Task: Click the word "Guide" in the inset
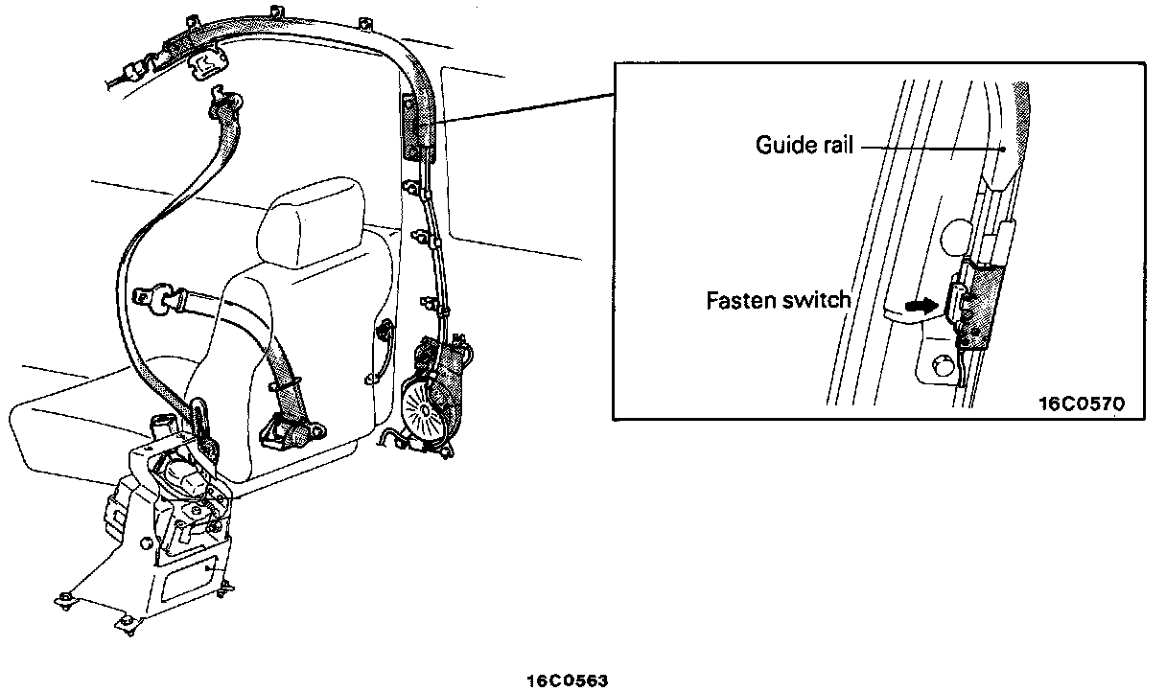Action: click(781, 146)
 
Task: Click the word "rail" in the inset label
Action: click(833, 146)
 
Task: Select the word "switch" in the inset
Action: click(816, 300)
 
